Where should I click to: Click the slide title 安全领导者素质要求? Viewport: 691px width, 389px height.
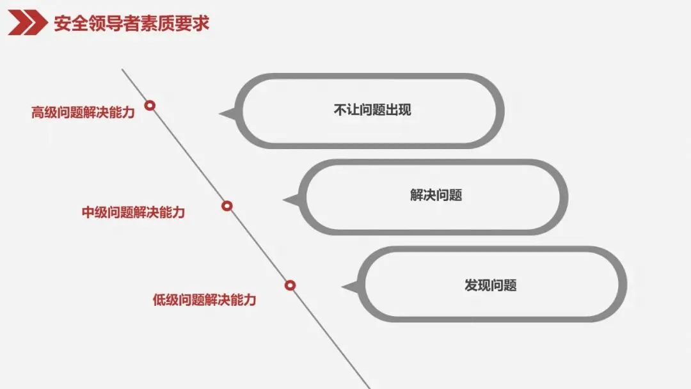tap(131, 24)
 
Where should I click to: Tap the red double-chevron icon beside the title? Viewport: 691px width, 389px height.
tap(27, 24)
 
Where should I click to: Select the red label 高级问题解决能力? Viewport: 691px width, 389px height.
tap(83, 113)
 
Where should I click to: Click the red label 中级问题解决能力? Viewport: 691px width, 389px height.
tap(133, 212)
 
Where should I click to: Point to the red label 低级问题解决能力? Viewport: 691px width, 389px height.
tap(204, 299)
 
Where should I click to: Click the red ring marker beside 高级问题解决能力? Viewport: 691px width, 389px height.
tap(150, 105)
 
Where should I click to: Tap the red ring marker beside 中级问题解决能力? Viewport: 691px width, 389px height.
tap(226, 206)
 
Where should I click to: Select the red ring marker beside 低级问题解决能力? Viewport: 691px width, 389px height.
tap(290, 285)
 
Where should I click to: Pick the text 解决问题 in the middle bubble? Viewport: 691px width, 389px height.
tap(436, 195)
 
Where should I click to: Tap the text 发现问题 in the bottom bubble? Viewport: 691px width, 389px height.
tap(490, 285)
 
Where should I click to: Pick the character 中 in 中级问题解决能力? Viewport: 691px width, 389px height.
tap(88, 212)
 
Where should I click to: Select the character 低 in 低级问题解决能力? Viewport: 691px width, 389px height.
tap(159, 299)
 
